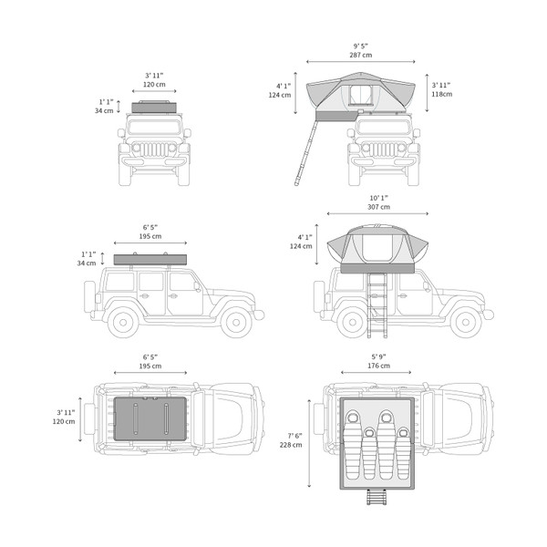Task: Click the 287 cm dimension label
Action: point(361,55)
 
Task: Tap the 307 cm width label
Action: point(378,207)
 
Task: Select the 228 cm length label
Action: point(291,445)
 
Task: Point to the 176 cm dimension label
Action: point(378,366)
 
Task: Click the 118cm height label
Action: point(441,94)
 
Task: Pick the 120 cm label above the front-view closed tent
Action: point(154,85)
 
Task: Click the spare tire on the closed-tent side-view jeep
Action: point(89,296)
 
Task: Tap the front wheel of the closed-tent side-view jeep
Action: point(236,323)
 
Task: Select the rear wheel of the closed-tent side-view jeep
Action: point(123,323)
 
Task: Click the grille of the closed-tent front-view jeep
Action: point(154,150)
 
